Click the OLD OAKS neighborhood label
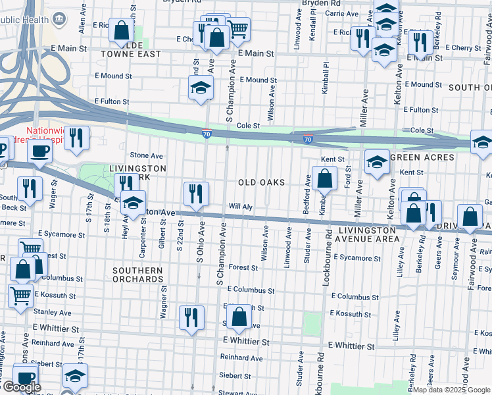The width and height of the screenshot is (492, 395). point(262,182)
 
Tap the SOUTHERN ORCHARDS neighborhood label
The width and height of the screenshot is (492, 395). point(137,275)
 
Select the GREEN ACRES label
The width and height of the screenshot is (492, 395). point(422,157)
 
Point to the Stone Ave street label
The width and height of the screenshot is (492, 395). point(146,156)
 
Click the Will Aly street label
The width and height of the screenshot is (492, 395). point(240,207)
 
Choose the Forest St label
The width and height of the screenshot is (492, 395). point(243,268)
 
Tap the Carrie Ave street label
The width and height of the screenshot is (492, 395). point(341,13)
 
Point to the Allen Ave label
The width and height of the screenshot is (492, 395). point(82,18)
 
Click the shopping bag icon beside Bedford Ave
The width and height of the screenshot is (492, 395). point(324,178)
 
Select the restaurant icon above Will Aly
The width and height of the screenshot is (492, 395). point(196,193)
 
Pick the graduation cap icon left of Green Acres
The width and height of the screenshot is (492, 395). point(377,161)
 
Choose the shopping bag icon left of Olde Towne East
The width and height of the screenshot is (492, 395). point(122,30)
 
